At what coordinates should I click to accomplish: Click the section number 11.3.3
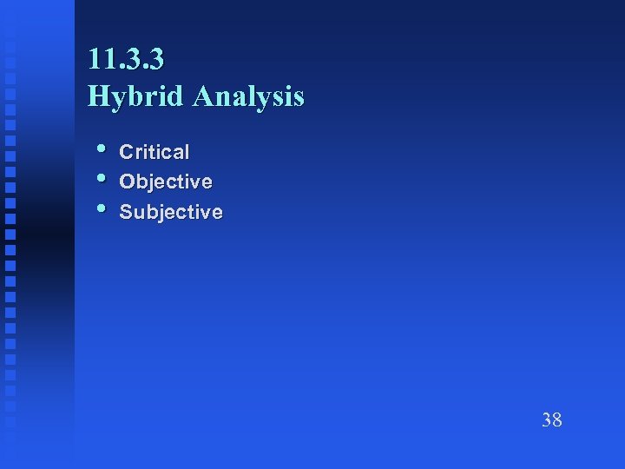pos(126,59)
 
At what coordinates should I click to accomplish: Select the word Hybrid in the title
pos(136,96)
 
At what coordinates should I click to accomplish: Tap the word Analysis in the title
pos(249,96)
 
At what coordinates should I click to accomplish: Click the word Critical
pos(154,152)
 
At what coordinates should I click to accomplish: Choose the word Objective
pos(165,182)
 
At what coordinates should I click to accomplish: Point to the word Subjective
pos(170,212)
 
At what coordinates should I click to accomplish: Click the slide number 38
pos(551,421)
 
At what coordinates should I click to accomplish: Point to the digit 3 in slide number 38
pos(546,421)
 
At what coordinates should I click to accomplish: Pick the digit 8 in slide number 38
pos(557,421)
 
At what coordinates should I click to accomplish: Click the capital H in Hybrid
pos(98,96)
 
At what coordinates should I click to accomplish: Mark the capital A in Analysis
pos(203,96)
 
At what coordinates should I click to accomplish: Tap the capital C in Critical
pos(126,152)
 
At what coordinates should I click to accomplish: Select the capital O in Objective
pos(127,182)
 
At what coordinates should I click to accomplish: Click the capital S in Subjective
pos(126,212)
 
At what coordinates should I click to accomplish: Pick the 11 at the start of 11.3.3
pos(98,59)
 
